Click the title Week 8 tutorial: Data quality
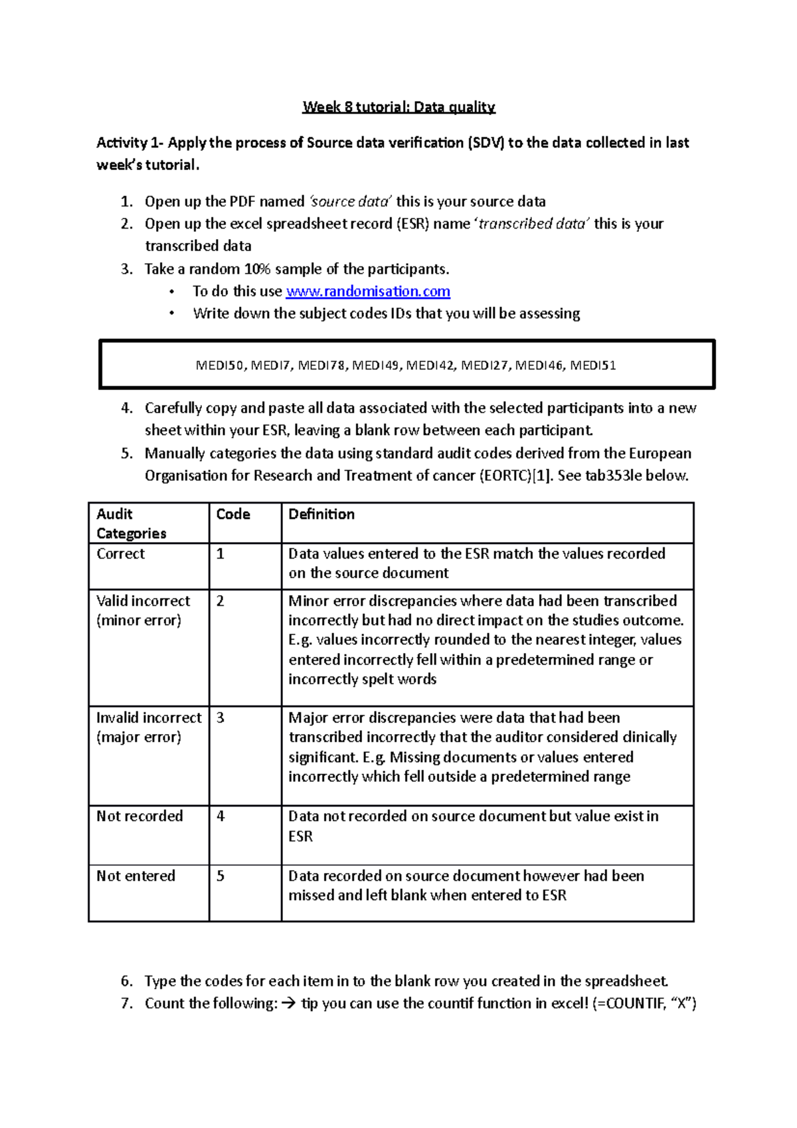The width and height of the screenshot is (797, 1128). coord(398,107)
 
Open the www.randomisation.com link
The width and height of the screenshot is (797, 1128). coord(368,291)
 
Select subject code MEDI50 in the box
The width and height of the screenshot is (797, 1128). coord(220,365)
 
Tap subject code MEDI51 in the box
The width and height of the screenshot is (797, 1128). coord(593,365)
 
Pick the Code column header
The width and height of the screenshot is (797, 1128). coord(233,514)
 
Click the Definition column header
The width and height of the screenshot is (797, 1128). coord(321,514)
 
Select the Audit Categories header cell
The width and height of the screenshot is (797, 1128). coord(131,523)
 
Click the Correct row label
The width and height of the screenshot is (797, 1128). coord(120,553)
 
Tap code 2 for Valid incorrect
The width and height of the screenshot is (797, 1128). coord(221,601)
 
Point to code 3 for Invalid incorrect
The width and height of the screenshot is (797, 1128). coord(221,717)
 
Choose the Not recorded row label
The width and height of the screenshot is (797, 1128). coord(139,816)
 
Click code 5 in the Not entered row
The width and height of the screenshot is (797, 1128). coord(221,876)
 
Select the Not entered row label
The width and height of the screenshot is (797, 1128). coord(135,876)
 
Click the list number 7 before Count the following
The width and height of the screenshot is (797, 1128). coord(127,1003)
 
